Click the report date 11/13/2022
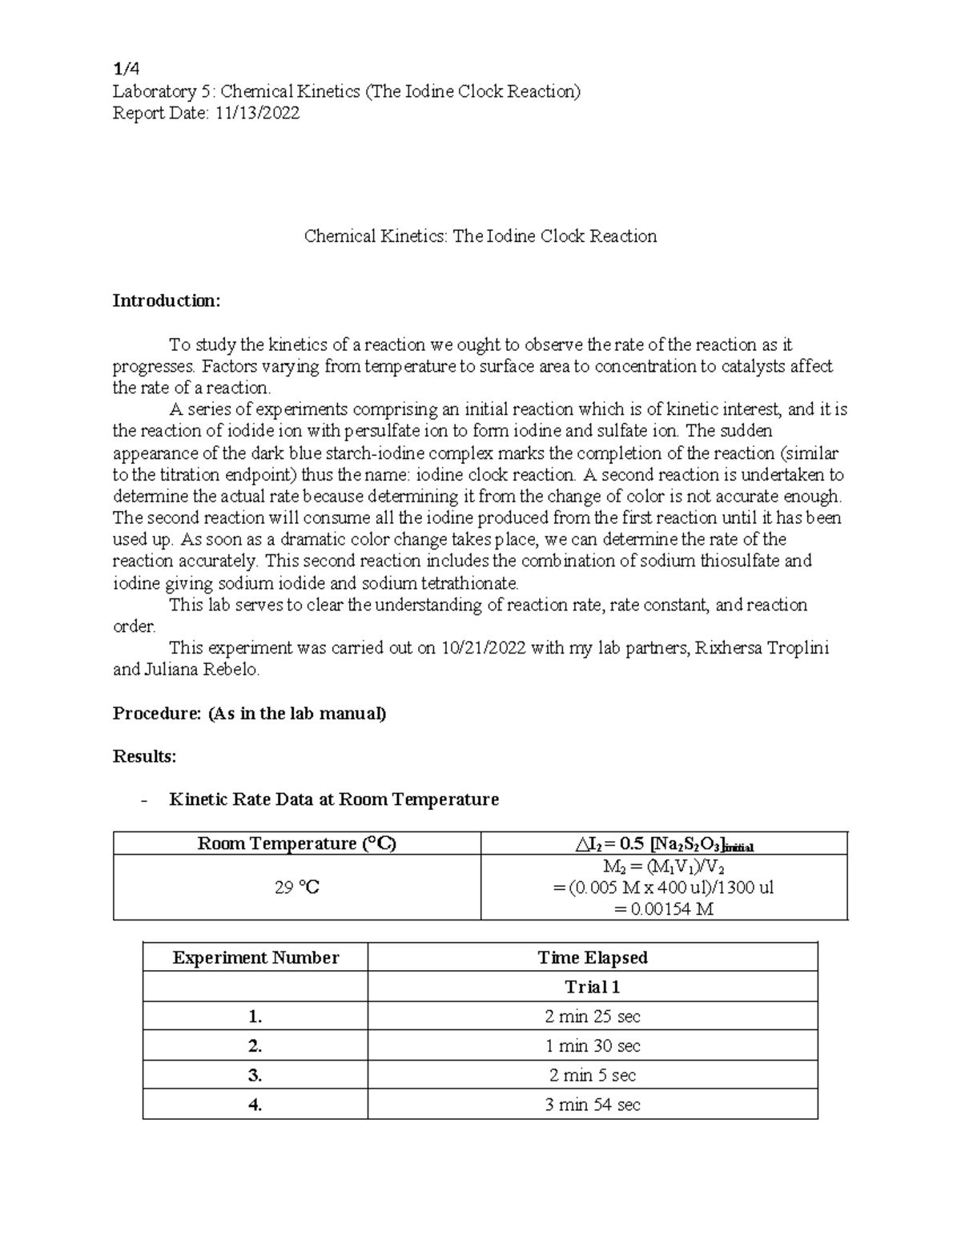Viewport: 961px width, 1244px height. click(255, 113)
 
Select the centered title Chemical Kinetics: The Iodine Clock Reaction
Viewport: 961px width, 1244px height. click(480, 236)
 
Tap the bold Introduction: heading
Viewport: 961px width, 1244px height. click(166, 301)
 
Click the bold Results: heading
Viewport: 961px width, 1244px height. click(144, 756)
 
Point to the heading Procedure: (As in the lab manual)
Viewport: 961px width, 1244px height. click(249, 713)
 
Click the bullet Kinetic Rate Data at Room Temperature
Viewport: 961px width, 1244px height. click(334, 799)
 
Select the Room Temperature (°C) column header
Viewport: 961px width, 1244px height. click(297, 843)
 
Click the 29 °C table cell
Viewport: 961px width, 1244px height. click(297, 888)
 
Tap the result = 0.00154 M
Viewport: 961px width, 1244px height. click(663, 909)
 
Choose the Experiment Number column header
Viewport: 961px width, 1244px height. click(255, 957)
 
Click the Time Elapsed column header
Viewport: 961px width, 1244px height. click(593, 957)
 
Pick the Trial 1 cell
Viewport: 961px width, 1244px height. click(593, 987)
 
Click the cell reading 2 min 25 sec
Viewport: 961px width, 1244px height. click(593, 1017)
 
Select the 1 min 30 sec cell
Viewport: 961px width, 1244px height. click(593, 1046)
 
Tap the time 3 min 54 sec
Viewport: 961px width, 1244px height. click(593, 1105)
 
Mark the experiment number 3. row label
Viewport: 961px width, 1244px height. click(255, 1075)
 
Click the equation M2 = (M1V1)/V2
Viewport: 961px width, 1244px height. click(664, 867)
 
